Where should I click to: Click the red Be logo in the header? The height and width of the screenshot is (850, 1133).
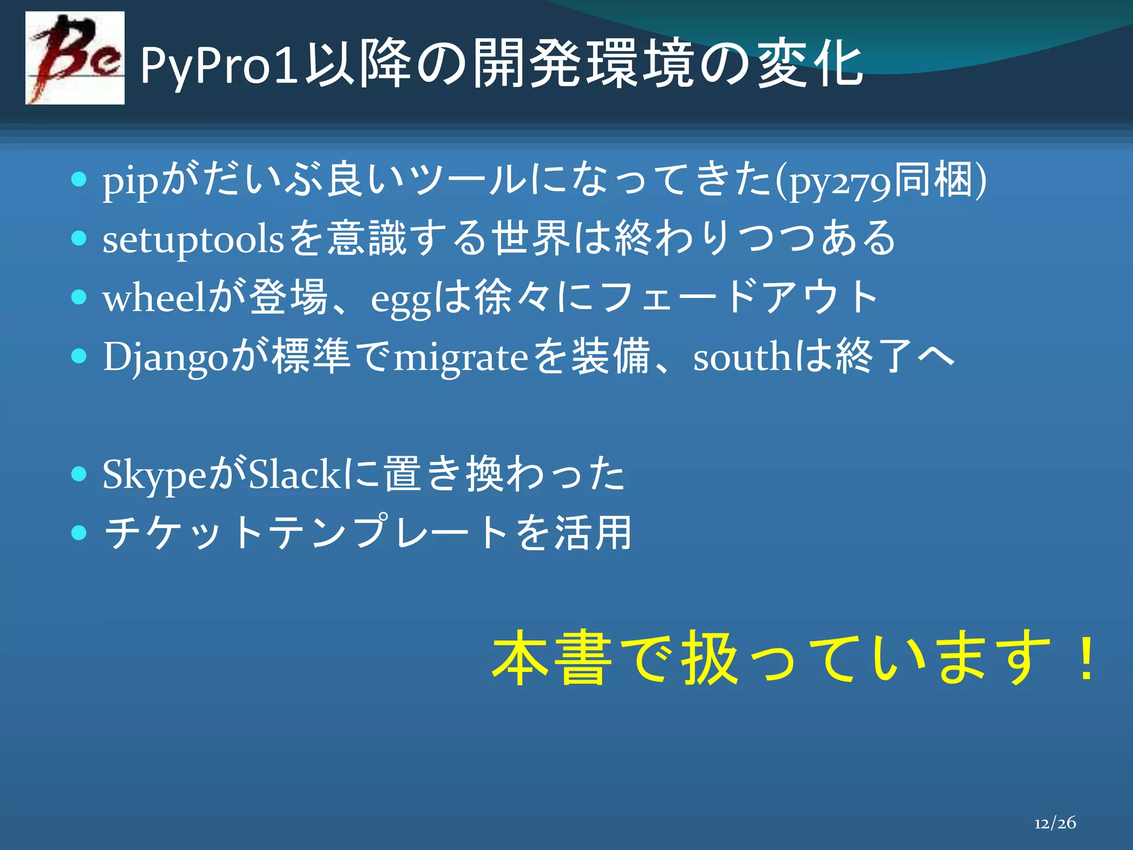coord(75,58)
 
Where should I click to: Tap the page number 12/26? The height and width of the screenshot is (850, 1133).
coord(1055,823)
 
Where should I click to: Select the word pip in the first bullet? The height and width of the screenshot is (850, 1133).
coord(131,183)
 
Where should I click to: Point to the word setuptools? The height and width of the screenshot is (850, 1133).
coord(193,240)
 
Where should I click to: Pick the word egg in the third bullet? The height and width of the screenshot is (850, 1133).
coord(400,302)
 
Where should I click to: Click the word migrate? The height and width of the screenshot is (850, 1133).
coord(461,359)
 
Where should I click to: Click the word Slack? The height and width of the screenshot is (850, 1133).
coord(294,474)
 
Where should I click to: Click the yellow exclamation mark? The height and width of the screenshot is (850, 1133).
coord(1088,659)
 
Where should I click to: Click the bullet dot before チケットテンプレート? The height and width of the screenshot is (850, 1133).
coord(80,532)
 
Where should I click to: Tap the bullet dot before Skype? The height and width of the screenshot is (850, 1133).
coord(80,474)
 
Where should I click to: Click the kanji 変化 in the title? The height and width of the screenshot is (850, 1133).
coord(809,65)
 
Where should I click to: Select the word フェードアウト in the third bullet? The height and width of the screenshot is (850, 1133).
coord(739,298)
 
